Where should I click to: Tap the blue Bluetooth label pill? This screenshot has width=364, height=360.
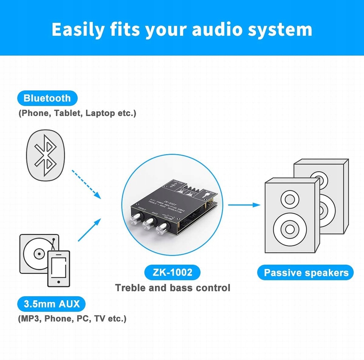47,98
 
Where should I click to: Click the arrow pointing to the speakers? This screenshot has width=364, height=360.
244,205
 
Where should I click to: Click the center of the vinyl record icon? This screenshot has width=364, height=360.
36,254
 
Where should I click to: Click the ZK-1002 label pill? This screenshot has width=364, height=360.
172,272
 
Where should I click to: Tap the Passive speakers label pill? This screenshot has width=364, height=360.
306,273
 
